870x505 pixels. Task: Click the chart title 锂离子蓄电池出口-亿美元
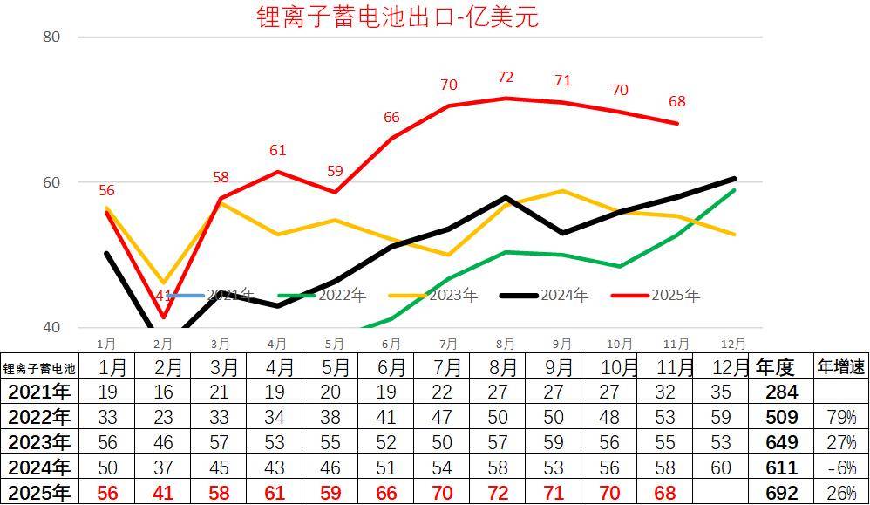[x=398, y=17]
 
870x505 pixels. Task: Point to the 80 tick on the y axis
[x=51, y=37]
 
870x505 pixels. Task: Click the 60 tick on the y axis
[x=51, y=182]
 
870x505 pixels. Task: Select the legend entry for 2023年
[x=433, y=296]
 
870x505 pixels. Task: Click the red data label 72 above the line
[x=506, y=78]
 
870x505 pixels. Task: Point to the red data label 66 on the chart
[x=391, y=118]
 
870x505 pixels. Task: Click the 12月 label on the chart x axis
[x=733, y=344]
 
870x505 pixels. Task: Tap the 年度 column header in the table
[x=775, y=366]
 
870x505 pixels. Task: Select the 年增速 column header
[x=840, y=366]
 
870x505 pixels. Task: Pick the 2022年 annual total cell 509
[x=781, y=417]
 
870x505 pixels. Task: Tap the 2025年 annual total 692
[x=781, y=493]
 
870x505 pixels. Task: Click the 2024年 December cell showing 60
[x=721, y=467]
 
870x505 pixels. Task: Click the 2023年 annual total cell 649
[x=781, y=442]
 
